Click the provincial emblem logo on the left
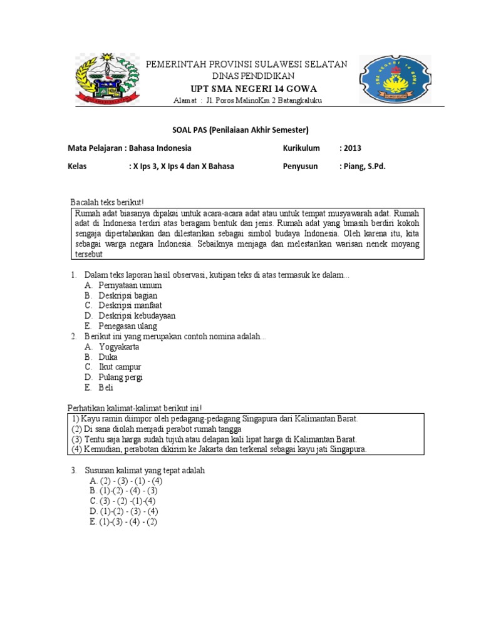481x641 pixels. click(x=106, y=79)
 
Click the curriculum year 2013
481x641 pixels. click(x=350, y=148)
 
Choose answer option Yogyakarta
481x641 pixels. click(x=118, y=346)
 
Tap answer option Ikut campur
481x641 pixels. click(x=120, y=367)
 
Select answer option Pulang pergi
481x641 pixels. click(x=120, y=377)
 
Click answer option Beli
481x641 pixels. click(x=105, y=387)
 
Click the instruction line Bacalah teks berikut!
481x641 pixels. click(x=107, y=203)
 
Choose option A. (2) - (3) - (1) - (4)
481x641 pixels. click(x=126, y=480)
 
